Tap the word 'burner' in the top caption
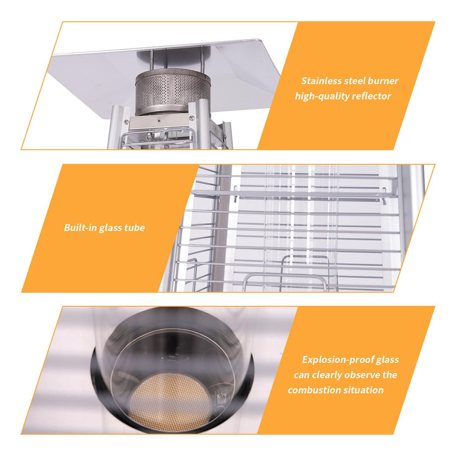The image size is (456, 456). pyautogui.click(x=383, y=81)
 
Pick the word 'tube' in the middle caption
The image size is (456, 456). pyautogui.click(x=134, y=228)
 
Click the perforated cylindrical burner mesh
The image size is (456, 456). pyautogui.click(x=172, y=90)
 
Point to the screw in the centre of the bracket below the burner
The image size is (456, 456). pyautogui.click(x=159, y=119)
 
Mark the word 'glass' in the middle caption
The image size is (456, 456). pyautogui.click(x=110, y=228)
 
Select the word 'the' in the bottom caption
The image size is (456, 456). pyautogui.click(x=390, y=375)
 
